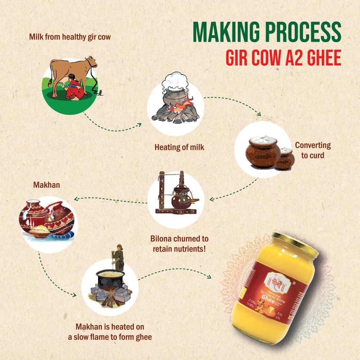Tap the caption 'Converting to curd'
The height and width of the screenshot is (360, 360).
tap(312, 150)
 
